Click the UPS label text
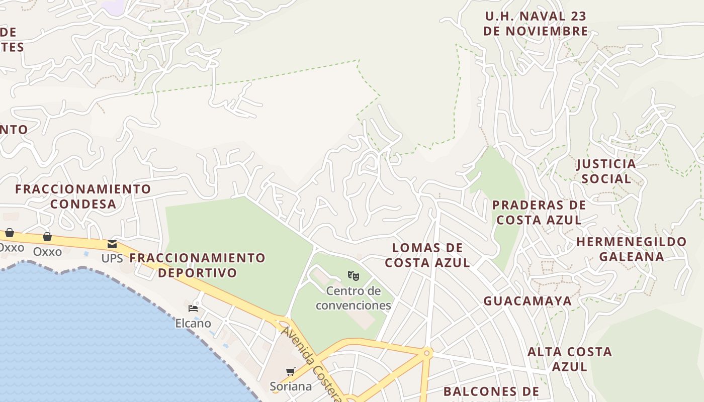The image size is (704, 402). coord(112,259)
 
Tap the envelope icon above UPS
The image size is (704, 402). coord(112,244)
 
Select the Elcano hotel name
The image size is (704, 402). coord(193,323)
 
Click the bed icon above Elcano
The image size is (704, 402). coord(193,309)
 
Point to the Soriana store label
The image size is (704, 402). coord(291,386)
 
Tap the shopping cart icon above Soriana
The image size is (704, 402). coord(290,372)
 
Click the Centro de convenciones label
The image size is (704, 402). coord(354,298)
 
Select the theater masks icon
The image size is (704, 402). coord(354,276)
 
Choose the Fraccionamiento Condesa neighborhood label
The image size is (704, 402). coord(83,196)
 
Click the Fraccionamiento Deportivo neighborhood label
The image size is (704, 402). coord(197,265)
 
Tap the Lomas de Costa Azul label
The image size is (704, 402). coord(427,255)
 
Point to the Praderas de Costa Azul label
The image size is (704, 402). coord(539,213)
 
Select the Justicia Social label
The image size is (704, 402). coord(606,171)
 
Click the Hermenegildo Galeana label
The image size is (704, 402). coord(632,249)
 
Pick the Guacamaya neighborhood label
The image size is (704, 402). coord(527,301)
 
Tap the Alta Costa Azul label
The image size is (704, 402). coord(570,359)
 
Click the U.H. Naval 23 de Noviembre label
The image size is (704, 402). coord(536,24)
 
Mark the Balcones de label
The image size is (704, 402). coord(491,391)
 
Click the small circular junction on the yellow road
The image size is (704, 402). coord(427,353)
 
